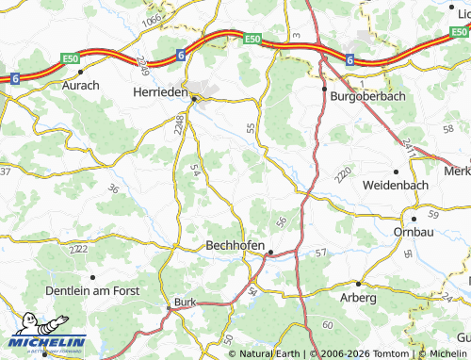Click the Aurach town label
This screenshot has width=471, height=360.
tap(81, 85)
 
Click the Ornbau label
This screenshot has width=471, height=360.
tap(414, 232)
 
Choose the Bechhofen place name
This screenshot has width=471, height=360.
tap(236, 245)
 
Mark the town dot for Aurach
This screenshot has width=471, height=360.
tap(81, 71)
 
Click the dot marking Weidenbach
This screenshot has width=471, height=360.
tap(396, 172)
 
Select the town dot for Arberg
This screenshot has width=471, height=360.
tap(358, 283)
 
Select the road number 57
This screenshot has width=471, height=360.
tap(321, 253)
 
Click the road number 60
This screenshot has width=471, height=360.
tap(326, 325)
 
